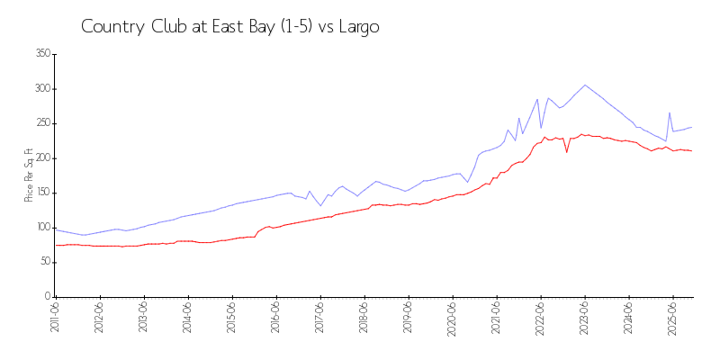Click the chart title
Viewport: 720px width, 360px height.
pyautogui.click(x=229, y=27)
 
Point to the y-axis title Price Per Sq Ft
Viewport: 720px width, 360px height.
pyautogui.click(x=29, y=175)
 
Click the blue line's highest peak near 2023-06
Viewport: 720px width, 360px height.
pyautogui.click(x=585, y=85)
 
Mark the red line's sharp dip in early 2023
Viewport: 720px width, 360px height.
pyautogui.click(x=567, y=151)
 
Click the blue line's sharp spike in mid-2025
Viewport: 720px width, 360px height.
pyautogui.click(x=670, y=112)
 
